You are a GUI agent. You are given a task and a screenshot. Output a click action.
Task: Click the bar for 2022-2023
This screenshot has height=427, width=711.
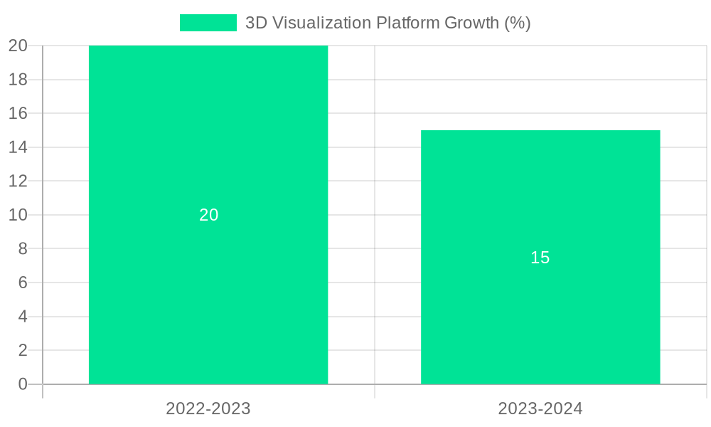click(208, 142)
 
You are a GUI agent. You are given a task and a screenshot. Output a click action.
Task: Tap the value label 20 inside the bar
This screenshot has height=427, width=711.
click(208, 215)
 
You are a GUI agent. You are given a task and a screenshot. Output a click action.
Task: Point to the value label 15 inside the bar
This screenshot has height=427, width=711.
click(540, 258)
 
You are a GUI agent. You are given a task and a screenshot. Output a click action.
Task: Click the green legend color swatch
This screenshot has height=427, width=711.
click(208, 23)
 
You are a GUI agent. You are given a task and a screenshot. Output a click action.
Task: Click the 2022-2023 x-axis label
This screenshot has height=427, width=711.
click(208, 408)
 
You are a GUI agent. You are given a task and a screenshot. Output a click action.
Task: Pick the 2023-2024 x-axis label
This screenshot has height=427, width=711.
click(540, 408)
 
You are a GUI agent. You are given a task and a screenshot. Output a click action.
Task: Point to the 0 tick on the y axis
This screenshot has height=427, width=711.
click(23, 384)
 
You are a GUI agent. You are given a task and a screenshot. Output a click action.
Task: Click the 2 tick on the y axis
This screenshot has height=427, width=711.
click(23, 350)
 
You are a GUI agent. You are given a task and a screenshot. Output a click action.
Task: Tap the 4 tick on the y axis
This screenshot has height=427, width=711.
click(23, 316)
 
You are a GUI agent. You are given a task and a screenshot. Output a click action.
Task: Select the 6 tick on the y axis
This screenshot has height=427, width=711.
click(23, 283)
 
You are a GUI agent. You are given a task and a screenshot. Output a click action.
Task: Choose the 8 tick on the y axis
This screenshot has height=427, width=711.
click(23, 248)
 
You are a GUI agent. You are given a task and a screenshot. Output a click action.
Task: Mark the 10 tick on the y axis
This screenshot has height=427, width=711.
click(18, 215)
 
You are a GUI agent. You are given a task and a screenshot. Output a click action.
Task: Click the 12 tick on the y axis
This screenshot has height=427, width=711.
click(18, 181)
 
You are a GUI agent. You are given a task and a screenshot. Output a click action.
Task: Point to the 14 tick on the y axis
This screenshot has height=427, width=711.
click(18, 147)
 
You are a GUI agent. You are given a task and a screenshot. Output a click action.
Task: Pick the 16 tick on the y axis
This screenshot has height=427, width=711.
click(18, 113)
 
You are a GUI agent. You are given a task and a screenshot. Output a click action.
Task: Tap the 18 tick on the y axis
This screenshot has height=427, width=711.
click(18, 80)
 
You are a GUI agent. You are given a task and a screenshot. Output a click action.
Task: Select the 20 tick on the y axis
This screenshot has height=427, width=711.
click(18, 46)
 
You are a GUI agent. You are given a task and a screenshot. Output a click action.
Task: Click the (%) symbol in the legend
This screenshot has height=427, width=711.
click(517, 23)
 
